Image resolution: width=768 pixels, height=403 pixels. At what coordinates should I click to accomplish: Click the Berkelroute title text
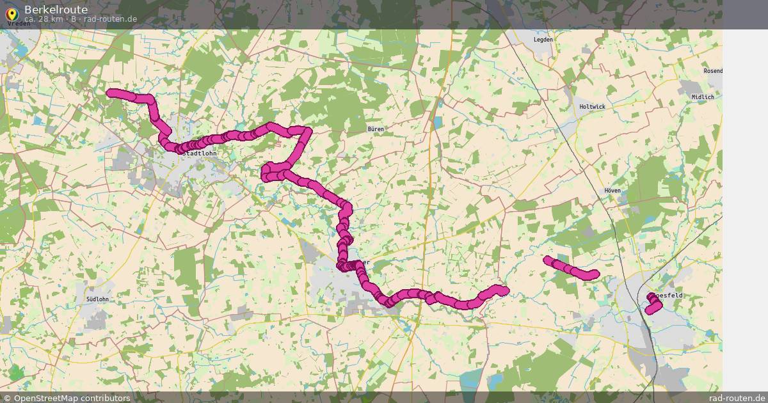tap(56, 9)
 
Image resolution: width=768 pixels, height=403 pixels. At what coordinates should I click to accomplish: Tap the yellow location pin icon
tap(11, 12)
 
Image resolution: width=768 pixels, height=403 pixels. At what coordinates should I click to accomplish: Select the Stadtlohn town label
tap(200, 154)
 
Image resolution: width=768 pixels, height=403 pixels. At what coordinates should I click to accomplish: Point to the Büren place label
tap(376, 129)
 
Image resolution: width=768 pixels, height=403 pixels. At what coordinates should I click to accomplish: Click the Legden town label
tap(543, 40)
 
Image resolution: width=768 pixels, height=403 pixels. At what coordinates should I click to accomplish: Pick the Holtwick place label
tap(591, 107)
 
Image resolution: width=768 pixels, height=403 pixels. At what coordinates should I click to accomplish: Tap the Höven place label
tap(612, 191)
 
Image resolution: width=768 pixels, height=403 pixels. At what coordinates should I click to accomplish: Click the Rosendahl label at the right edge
tap(712, 71)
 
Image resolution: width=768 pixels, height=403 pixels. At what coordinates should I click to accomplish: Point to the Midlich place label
tap(702, 97)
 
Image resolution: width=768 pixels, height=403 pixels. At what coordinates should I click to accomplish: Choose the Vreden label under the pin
tap(19, 24)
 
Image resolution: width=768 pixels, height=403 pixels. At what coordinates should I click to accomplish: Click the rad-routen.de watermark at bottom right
tap(737, 398)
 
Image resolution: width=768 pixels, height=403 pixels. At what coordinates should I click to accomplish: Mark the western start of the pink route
tap(111, 93)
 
